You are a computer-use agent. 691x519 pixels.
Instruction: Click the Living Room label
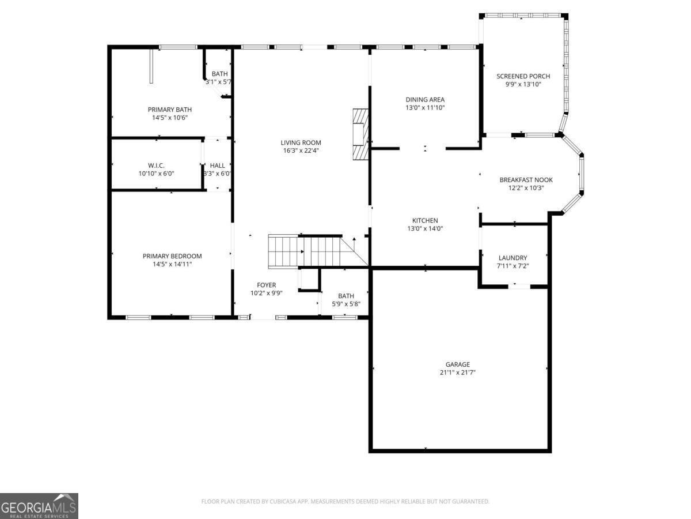tap(301, 142)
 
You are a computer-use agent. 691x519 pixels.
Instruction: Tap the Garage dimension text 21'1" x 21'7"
tap(457, 373)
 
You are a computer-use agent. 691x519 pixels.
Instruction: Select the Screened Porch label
tap(523, 76)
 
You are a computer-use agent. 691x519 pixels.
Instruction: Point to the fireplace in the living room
tap(360, 134)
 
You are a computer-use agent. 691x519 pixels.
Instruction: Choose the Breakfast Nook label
tap(526, 179)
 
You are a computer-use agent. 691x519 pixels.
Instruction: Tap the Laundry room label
tap(512, 258)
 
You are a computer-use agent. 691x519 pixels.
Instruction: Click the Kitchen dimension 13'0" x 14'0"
tap(425, 228)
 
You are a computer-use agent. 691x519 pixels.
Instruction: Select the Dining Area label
tap(425, 99)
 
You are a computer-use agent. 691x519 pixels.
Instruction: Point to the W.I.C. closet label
tap(156, 166)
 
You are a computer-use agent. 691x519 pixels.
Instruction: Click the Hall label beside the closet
tap(218, 166)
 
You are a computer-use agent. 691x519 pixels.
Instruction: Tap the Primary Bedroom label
tap(172, 256)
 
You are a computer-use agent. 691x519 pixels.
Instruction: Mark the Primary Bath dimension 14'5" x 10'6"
tap(169, 118)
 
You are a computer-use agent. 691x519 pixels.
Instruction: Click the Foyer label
tap(266, 285)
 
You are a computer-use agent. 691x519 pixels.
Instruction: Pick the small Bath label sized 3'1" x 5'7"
tap(219, 74)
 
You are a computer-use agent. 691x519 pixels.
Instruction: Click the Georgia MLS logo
tap(39, 506)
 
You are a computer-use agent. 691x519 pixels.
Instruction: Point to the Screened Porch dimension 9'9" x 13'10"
tap(523, 84)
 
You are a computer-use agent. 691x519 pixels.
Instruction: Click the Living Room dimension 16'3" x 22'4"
tap(301, 151)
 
